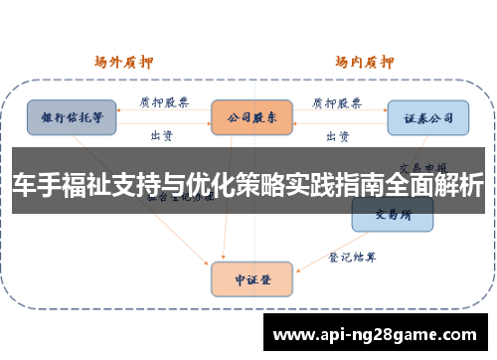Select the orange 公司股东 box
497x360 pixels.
click(251, 116)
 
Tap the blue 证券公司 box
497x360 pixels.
click(427, 117)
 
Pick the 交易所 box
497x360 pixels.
click(393, 213)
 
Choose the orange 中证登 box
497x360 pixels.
click(251, 278)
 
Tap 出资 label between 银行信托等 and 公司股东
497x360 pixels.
click(161, 135)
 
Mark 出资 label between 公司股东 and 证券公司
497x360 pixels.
click(338, 135)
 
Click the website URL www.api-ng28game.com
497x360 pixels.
click(378, 334)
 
